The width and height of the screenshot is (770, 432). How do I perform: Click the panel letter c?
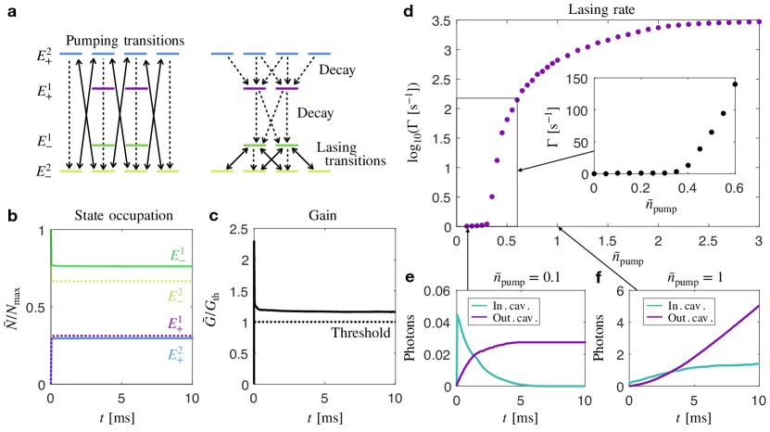[x=213, y=216]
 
